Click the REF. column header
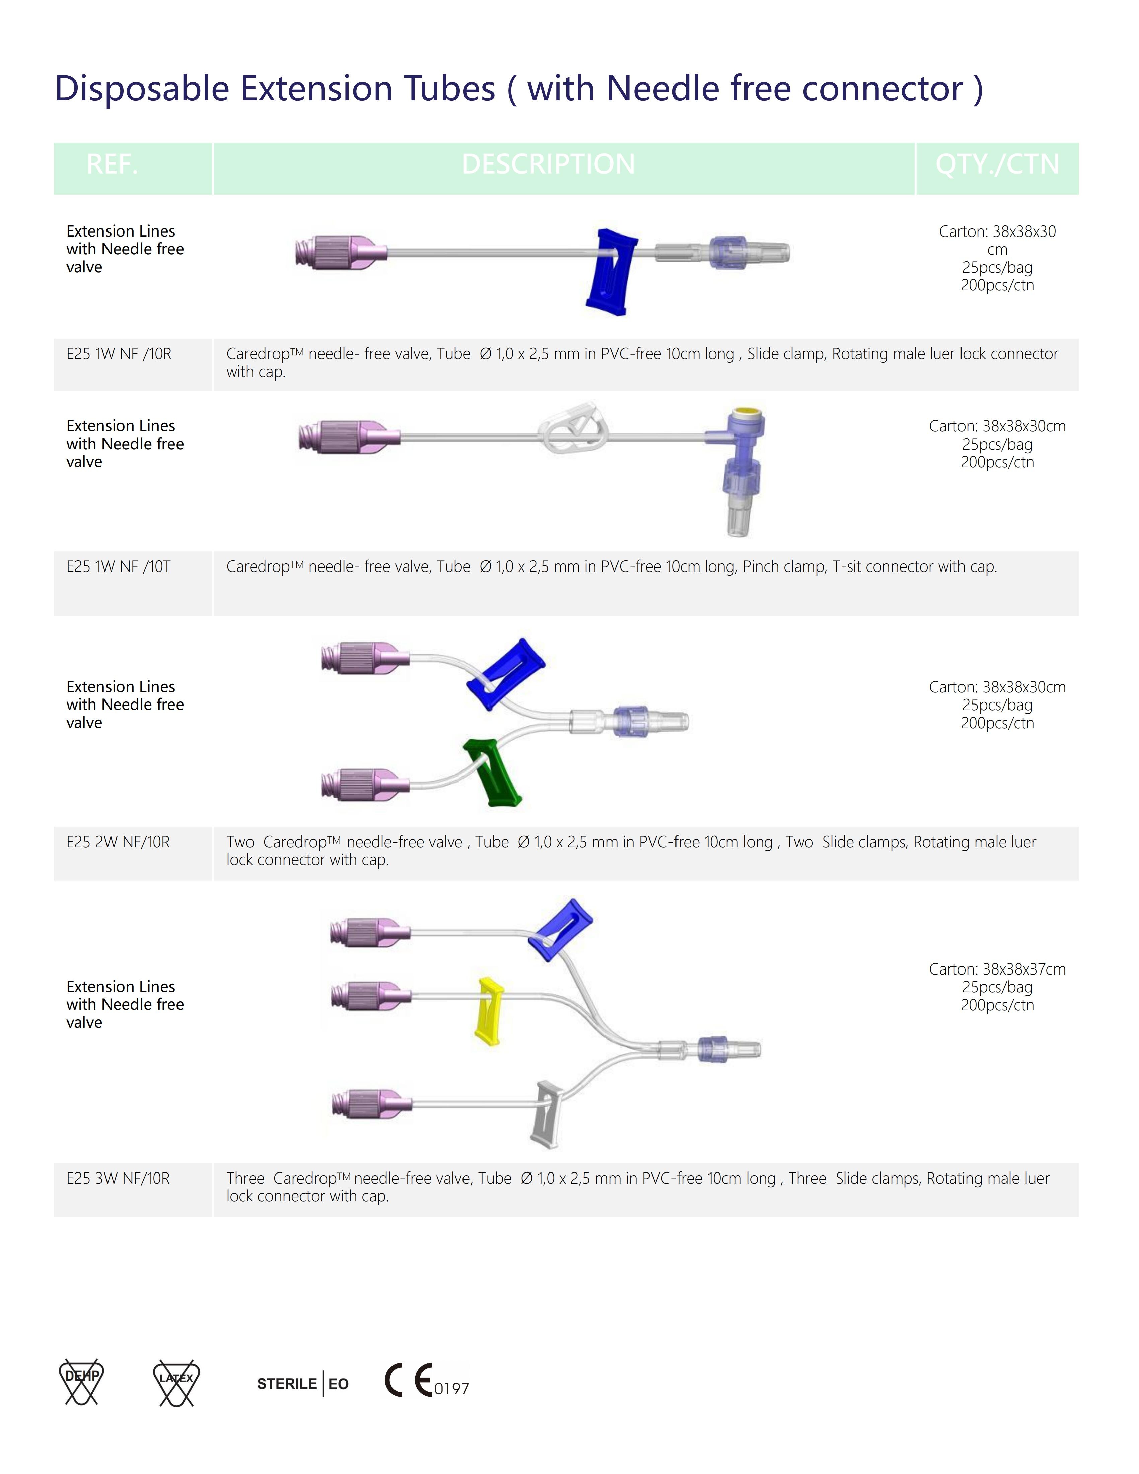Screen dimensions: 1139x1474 [x=112, y=164]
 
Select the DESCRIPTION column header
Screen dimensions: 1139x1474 [x=548, y=164]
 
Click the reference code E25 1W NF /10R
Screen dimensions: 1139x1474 [x=119, y=354]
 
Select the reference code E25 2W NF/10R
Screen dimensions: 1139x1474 [x=118, y=842]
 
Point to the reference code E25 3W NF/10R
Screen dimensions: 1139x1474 [x=118, y=1178]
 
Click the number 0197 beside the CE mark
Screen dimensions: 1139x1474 [x=451, y=1388]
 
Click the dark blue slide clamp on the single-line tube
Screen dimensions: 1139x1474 [x=611, y=271]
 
